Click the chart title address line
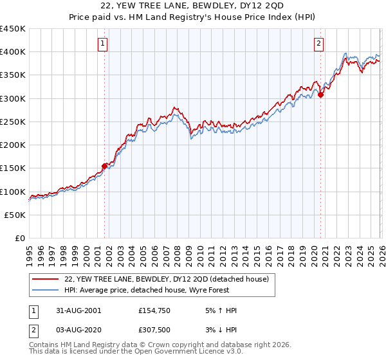pyautogui.click(x=193, y=8)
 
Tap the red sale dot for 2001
pyautogui.click(x=104, y=166)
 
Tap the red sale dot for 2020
pyautogui.click(x=321, y=95)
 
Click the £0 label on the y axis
pyautogui.click(x=19, y=238)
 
